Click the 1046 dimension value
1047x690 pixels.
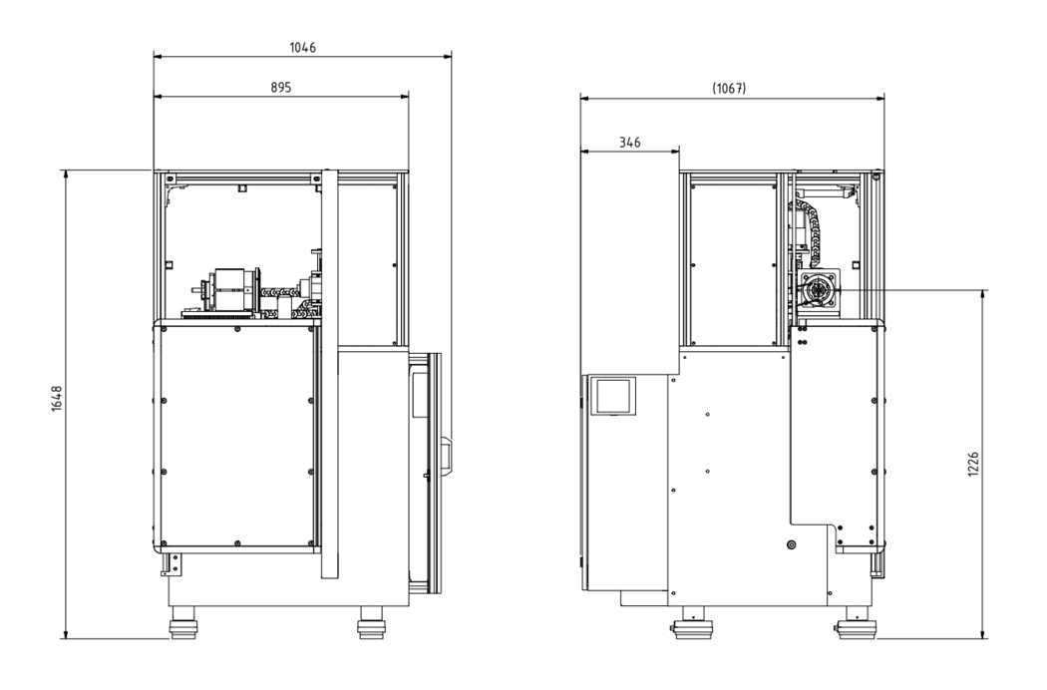[x=302, y=48]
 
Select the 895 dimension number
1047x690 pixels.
[x=281, y=88]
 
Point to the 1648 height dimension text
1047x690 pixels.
[x=56, y=399]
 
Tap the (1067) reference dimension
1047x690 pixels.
[x=729, y=88]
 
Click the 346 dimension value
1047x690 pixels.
[x=629, y=143]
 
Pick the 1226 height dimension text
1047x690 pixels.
[x=973, y=465]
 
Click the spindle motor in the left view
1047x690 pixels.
[x=229, y=290]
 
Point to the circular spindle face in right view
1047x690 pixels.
[x=818, y=291]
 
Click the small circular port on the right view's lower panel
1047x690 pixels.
[x=792, y=545]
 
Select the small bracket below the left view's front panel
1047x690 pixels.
[x=171, y=563]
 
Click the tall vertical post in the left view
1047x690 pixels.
[x=330, y=373]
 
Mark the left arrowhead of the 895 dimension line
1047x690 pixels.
[x=158, y=96]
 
